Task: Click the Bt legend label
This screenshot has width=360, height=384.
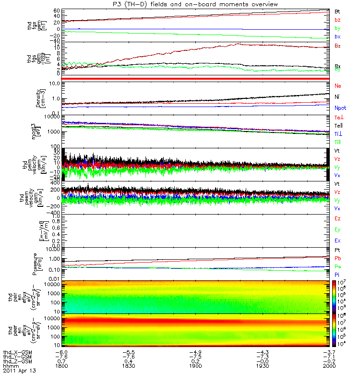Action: tap(337, 11)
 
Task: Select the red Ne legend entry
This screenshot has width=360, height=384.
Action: tap(337, 85)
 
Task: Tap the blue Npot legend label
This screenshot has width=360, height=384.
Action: tap(340, 108)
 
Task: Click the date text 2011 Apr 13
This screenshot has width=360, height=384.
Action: tap(19, 371)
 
